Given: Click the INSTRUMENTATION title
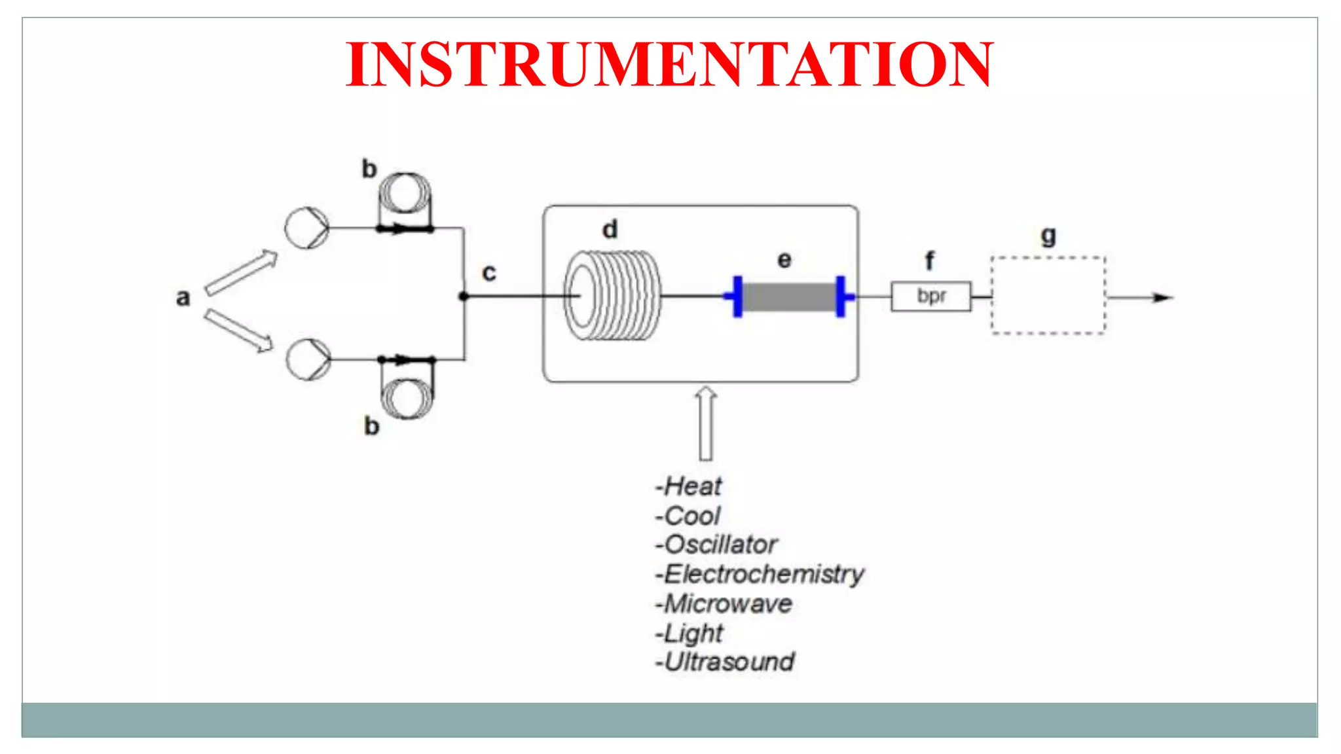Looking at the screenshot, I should pyautogui.click(x=669, y=64).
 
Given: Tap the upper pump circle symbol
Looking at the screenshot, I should pyautogui.click(x=306, y=228).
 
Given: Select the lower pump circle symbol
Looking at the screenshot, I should pyautogui.click(x=308, y=359).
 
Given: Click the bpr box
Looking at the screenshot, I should pyautogui.click(x=930, y=296).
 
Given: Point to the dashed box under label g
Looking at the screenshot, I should pyautogui.click(x=1048, y=296).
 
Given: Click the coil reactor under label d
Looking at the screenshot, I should pyautogui.click(x=612, y=296).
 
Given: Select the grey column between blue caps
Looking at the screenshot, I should pyautogui.click(x=789, y=297).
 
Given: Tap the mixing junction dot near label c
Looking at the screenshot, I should pyautogui.click(x=464, y=296).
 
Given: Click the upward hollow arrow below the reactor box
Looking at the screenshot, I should pyautogui.click(x=705, y=424).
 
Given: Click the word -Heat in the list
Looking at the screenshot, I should pyautogui.click(x=688, y=487).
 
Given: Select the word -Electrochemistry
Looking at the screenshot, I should pyautogui.click(x=760, y=575).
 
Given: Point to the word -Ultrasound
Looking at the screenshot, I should pyautogui.click(x=725, y=662).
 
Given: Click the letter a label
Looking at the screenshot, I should pyautogui.click(x=183, y=298).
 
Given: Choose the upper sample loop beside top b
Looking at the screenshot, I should pyautogui.click(x=405, y=194).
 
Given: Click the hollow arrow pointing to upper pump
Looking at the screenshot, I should pyautogui.click(x=241, y=273).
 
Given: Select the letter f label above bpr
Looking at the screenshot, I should pyautogui.click(x=929, y=261).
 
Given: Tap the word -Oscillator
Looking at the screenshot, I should pyautogui.click(x=716, y=545).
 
